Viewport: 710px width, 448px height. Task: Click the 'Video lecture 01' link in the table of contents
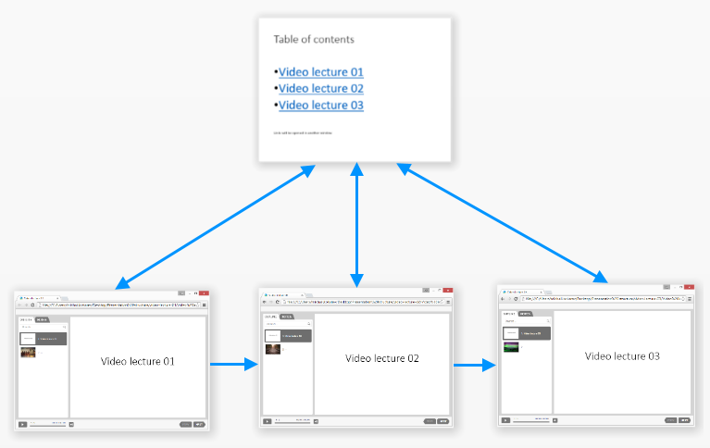pos(321,72)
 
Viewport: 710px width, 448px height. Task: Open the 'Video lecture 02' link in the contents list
pos(321,89)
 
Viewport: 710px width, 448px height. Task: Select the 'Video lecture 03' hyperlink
pos(321,106)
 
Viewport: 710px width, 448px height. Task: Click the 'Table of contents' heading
pos(314,39)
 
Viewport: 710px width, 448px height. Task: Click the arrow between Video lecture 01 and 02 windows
pos(233,365)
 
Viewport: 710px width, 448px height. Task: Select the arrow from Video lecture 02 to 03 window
pos(475,365)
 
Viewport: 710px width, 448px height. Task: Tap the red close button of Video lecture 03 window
pos(688,289)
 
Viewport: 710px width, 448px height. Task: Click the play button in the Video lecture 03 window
pos(505,419)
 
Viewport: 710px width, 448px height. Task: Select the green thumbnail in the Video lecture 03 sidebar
pos(510,347)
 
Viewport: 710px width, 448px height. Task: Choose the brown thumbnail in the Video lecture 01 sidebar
pos(27,353)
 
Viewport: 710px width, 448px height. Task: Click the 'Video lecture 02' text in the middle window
pos(382,358)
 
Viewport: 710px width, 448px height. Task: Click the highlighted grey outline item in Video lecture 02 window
pos(287,335)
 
